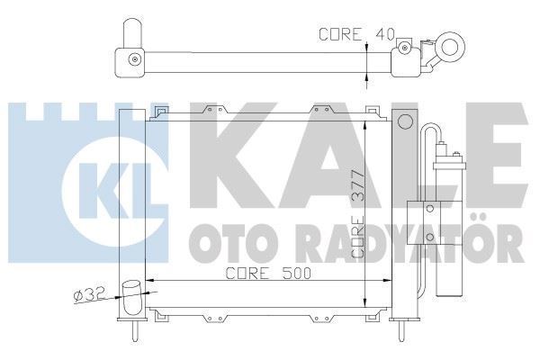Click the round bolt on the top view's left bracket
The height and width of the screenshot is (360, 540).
point(134,61)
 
